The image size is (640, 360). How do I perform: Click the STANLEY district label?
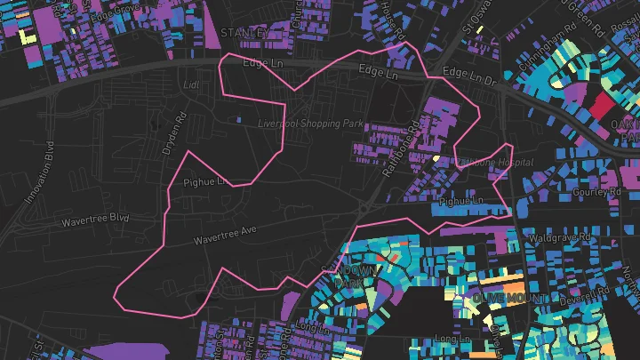click(x=244, y=33)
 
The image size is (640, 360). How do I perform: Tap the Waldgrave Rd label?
click(x=560, y=238)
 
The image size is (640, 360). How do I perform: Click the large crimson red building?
click(x=602, y=108)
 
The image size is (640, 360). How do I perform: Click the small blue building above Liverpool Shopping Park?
click(x=237, y=118)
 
